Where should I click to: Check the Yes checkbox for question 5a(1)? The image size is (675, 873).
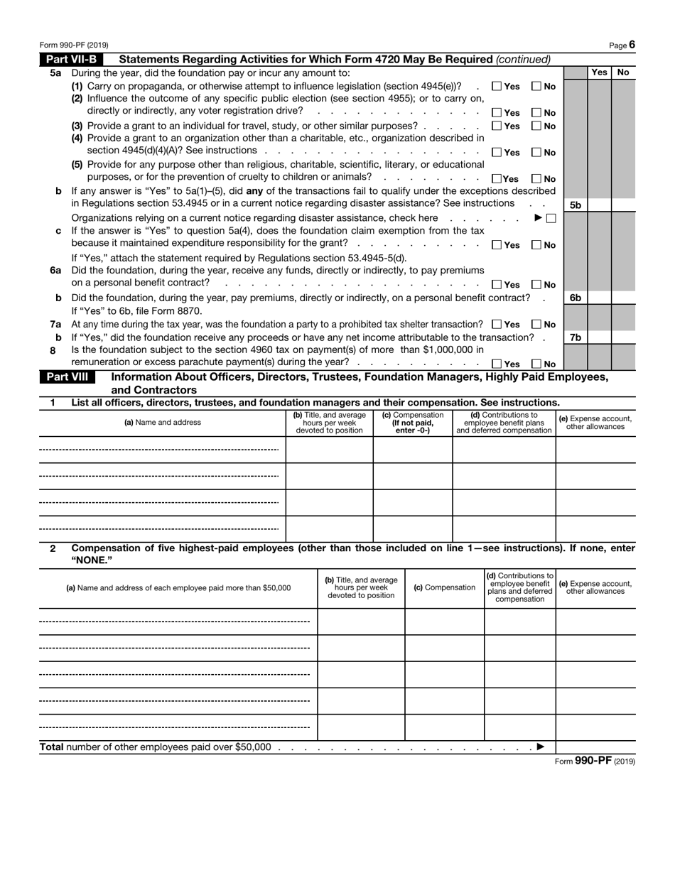[497, 87]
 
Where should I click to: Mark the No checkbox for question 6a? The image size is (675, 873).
[536, 285]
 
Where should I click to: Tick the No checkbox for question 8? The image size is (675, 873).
[536, 364]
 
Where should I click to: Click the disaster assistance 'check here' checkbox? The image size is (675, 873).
[551, 218]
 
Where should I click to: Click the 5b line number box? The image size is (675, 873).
[576, 205]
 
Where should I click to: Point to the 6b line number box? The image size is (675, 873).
[576, 298]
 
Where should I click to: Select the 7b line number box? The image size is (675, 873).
[576, 337]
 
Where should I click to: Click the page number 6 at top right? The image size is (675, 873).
[631, 45]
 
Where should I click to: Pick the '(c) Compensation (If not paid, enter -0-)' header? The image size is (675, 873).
[413, 423]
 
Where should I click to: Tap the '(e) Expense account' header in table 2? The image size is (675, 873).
[595, 587]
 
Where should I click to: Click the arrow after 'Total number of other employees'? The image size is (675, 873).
[541, 747]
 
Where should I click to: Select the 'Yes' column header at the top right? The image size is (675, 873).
[599, 72]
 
